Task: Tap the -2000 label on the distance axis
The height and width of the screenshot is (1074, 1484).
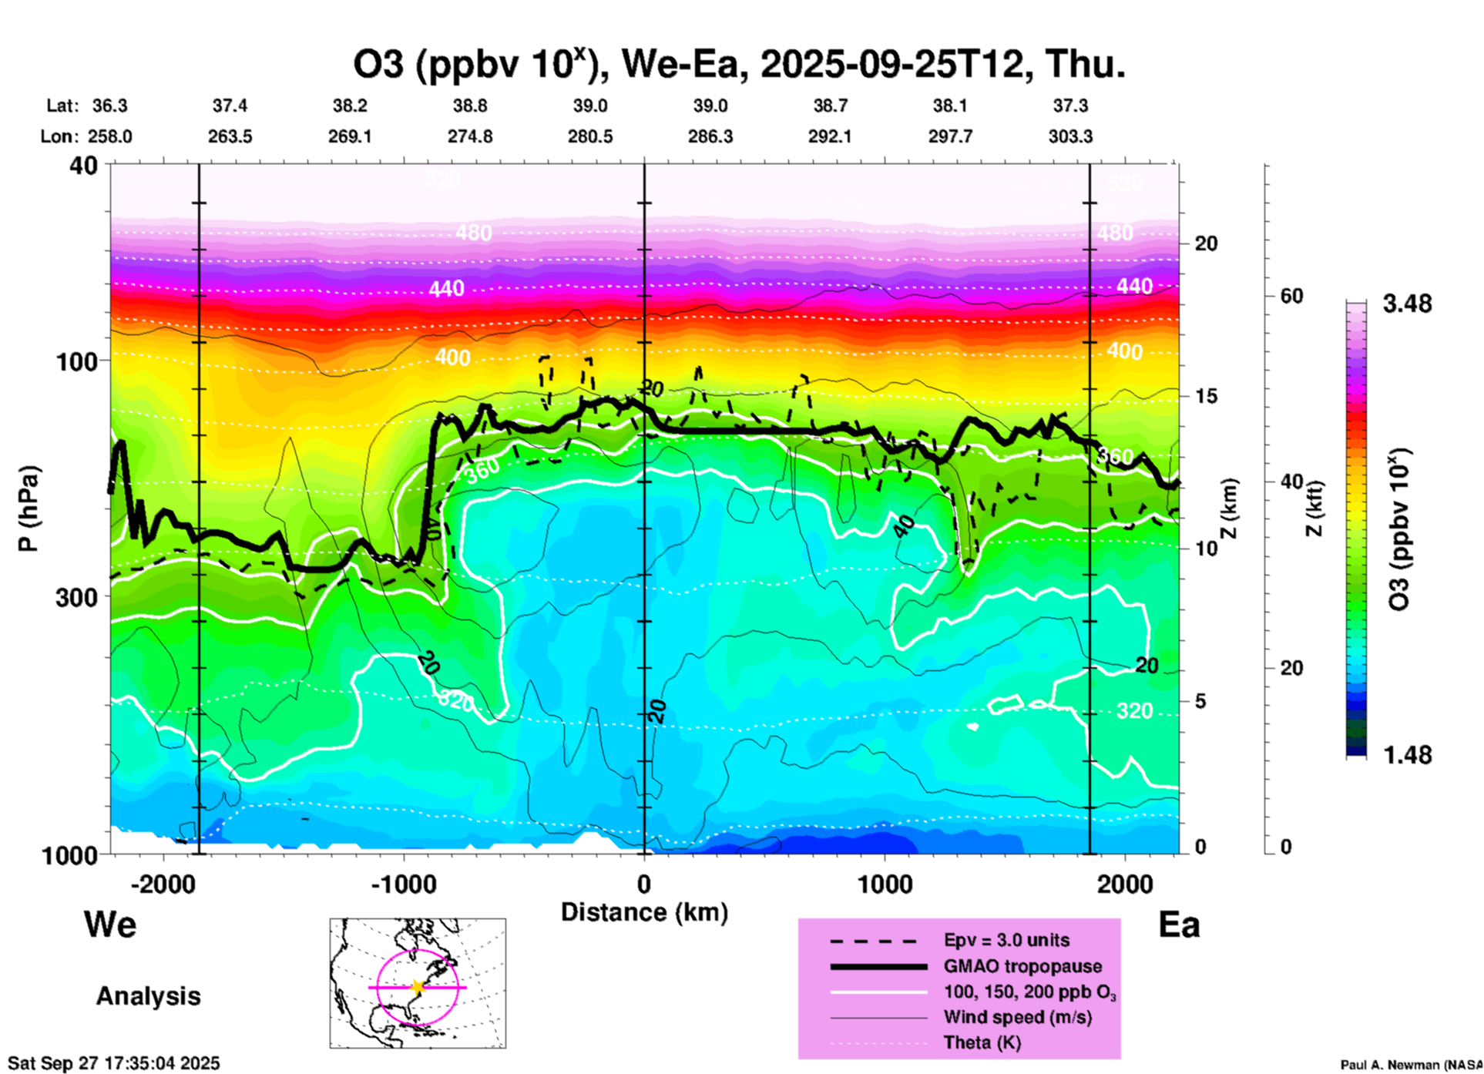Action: pyautogui.click(x=163, y=884)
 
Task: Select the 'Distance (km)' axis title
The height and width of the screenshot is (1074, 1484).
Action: pyautogui.click(x=644, y=912)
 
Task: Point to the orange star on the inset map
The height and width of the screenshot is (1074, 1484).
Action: pyautogui.click(x=418, y=987)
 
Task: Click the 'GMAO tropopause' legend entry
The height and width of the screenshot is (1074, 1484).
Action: pyautogui.click(x=1022, y=966)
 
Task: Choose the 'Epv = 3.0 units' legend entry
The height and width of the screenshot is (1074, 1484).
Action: pyautogui.click(x=1006, y=940)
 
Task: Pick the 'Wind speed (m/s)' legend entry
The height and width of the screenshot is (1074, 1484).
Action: pyautogui.click(x=1017, y=1017)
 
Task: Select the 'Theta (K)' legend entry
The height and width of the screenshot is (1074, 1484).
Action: pyautogui.click(x=982, y=1042)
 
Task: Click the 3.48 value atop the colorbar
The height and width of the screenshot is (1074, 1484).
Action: pyautogui.click(x=1407, y=304)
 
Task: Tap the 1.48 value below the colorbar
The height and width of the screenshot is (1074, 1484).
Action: pyautogui.click(x=1407, y=755)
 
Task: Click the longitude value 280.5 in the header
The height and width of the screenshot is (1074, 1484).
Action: pyautogui.click(x=590, y=136)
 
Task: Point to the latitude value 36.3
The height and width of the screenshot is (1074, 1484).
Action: pyautogui.click(x=110, y=106)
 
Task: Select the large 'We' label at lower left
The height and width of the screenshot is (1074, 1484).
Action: pyautogui.click(x=110, y=925)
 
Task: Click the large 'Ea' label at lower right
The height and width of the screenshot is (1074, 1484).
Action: pyautogui.click(x=1179, y=925)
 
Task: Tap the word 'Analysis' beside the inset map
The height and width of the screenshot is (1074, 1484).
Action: pyautogui.click(x=148, y=996)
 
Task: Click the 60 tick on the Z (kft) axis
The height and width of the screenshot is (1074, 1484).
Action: pyautogui.click(x=1291, y=296)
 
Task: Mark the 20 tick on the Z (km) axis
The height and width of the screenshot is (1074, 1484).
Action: pyautogui.click(x=1206, y=243)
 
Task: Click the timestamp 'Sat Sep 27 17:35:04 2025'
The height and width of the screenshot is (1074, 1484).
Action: pyautogui.click(x=114, y=1063)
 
